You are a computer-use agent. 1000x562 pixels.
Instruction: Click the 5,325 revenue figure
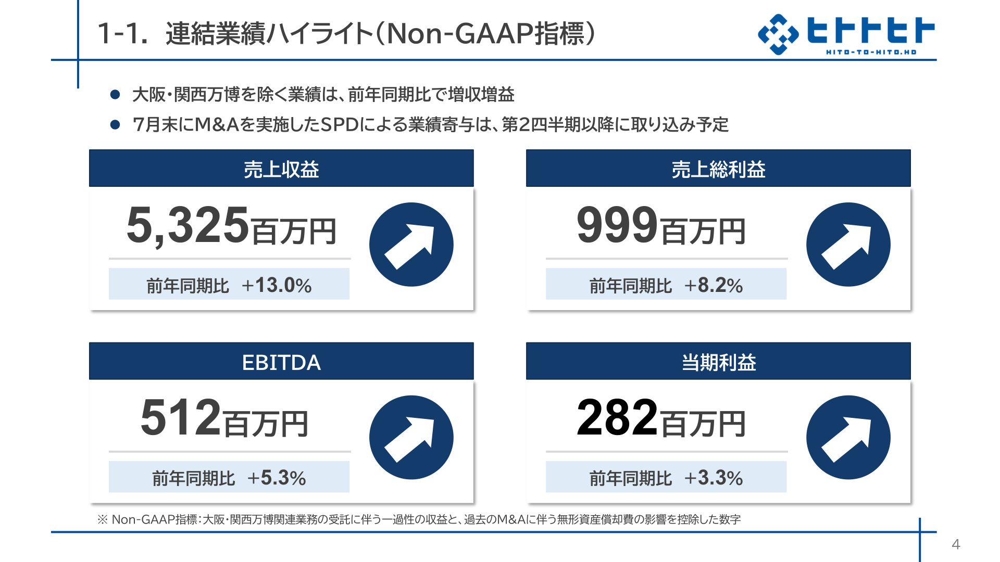tap(187, 225)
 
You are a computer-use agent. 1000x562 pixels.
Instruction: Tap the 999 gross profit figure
tap(618, 225)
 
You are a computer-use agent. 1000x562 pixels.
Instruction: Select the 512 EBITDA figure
tap(181, 417)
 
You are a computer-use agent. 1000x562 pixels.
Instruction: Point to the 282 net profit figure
tap(618, 417)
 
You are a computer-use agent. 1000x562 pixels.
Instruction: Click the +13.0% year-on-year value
tap(277, 285)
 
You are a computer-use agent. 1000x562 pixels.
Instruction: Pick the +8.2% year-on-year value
tap(714, 285)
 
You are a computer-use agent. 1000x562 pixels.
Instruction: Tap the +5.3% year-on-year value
tap(277, 478)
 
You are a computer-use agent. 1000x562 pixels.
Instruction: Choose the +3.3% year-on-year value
tap(714, 478)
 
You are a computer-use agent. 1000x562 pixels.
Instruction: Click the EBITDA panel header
tap(281, 361)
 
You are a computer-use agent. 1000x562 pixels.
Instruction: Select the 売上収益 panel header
tap(281, 169)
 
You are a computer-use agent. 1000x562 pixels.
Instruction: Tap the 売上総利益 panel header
tap(718, 169)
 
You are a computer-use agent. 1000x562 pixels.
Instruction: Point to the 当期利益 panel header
tap(718, 361)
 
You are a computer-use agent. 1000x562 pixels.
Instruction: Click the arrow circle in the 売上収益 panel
tap(411, 245)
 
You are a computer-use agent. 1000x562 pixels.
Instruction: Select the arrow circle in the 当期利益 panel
tap(848, 437)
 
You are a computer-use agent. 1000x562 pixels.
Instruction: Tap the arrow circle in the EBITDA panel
tap(411, 437)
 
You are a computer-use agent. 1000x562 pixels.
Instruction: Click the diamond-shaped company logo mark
tap(778, 34)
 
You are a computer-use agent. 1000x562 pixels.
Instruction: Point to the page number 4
tap(956, 544)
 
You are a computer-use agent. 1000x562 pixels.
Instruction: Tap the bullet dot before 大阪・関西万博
tap(115, 94)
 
